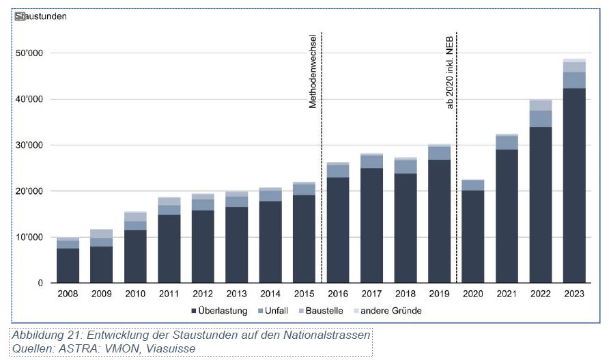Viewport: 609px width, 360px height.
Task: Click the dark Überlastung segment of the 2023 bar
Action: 574,185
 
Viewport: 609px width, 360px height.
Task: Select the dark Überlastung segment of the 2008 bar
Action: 68,265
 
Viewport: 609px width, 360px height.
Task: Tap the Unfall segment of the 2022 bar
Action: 540,119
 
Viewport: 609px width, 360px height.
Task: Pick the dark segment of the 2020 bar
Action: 473,236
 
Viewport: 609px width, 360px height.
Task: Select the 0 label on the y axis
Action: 40,283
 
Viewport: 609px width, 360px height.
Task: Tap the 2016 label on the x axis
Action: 338,295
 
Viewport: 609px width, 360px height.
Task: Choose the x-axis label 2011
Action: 169,295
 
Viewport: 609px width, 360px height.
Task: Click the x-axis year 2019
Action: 439,295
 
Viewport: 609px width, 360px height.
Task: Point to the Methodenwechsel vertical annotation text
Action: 313,71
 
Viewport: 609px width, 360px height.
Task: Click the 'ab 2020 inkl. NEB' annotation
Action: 450,71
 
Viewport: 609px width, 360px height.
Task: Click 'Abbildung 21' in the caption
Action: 44,335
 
